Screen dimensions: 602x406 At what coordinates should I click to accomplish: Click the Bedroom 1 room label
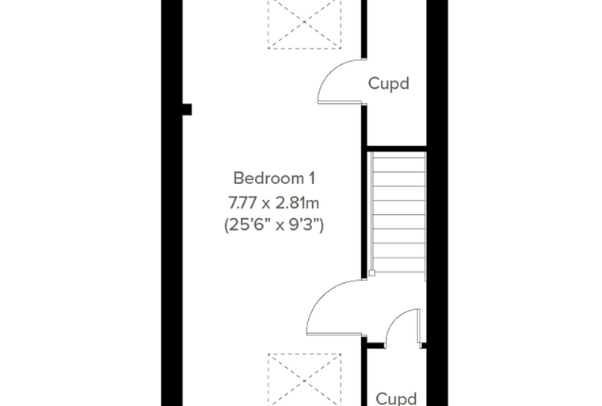click(x=274, y=178)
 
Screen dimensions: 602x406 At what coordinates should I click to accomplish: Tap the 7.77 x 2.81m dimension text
click(x=274, y=203)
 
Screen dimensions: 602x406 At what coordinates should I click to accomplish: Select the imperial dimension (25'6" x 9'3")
click(x=274, y=225)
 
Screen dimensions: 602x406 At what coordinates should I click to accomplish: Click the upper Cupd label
click(x=389, y=83)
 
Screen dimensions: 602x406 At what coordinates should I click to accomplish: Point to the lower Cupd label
click(x=396, y=398)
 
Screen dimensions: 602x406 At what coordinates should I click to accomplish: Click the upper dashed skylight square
click(x=304, y=25)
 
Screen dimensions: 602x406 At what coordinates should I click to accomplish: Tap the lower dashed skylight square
click(x=304, y=380)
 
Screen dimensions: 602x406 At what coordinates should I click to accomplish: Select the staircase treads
click(x=398, y=213)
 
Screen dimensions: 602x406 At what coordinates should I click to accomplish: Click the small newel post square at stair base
click(x=371, y=273)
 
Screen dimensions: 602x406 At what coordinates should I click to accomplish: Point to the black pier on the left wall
click(x=187, y=109)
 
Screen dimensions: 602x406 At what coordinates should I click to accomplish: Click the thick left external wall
click(x=172, y=203)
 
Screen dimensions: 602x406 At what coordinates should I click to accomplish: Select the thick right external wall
click(x=437, y=203)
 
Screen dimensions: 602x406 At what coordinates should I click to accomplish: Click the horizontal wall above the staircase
click(x=397, y=149)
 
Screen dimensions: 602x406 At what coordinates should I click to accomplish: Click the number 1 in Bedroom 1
click(x=312, y=178)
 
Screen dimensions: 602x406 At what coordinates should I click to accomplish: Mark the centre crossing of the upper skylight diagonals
click(x=304, y=22)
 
